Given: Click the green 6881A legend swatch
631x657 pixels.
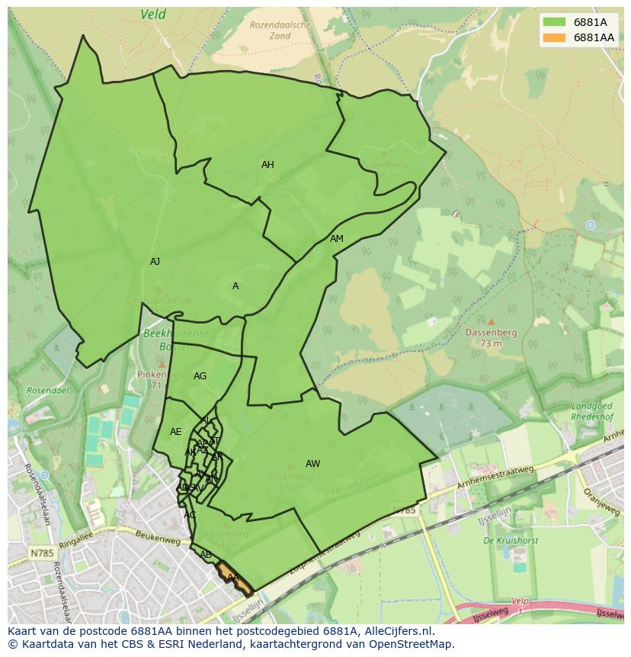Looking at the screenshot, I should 554,22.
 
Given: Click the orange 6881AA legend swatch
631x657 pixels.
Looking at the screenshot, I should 554,37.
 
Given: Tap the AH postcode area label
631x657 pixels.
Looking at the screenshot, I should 267,165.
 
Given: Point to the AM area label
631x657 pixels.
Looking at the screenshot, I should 337,239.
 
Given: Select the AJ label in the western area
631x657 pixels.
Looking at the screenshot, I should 155,262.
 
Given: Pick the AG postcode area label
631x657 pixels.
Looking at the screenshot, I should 200,376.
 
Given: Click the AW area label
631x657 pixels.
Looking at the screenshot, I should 312,464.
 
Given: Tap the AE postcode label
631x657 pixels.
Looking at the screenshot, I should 176,432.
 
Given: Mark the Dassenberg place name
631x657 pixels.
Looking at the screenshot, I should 492,333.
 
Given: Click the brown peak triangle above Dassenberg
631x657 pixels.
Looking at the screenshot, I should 492,322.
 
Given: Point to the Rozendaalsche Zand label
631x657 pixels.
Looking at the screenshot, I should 280,30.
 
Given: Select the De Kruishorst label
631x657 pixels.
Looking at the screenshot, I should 511,540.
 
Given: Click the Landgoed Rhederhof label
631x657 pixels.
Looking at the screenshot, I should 592,411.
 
